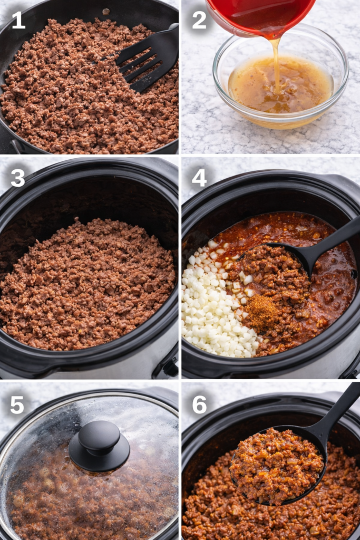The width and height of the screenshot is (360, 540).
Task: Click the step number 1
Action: (18, 20)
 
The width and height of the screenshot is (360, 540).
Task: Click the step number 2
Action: (199, 20)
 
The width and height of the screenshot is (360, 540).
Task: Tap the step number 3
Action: (18, 178)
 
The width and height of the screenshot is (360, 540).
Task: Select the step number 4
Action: (199, 178)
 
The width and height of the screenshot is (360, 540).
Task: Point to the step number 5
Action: (17, 404)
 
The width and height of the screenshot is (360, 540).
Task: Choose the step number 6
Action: (199, 404)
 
